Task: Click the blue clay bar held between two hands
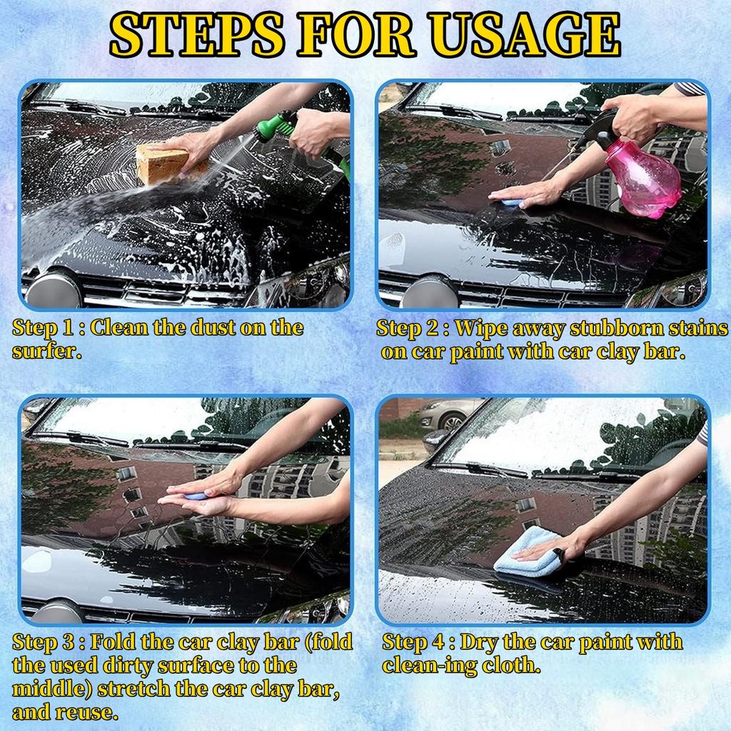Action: (195, 495)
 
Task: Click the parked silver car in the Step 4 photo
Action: (443, 415)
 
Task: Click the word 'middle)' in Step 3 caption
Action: (51, 689)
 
